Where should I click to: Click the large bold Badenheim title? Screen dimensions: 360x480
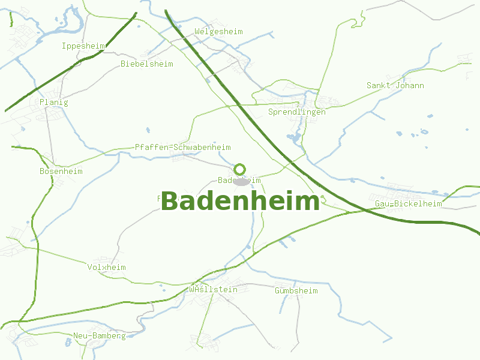[x=240, y=202]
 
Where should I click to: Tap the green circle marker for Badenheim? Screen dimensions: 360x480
[x=240, y=169]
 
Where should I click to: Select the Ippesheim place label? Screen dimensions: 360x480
[x=83, y=46]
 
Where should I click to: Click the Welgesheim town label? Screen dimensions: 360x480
[x=218, y=31]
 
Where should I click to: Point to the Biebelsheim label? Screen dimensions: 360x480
[x=146, y=64]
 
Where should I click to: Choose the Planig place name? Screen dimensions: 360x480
[x=54, y=102]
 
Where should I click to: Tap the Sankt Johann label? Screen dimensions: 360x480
[x=395, y=85]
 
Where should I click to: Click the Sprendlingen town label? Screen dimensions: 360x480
[x=296, y=112]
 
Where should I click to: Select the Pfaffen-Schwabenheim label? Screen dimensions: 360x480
[x=182, y=147]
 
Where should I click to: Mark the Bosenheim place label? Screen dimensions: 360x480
[x=61, y=171]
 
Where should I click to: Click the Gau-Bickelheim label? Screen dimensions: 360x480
[x=408, y=203]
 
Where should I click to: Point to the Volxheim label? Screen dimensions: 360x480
[x=106, y=267]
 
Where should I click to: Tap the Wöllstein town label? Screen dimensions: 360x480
[x=213, y=289]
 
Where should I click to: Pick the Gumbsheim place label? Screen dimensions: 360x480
[x=296, y=290]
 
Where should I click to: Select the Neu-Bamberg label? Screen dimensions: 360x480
[x=100, y=335]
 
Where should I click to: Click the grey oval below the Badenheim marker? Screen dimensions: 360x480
[x=241, y=182]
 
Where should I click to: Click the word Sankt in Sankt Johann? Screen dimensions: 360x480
[x=379, y=85]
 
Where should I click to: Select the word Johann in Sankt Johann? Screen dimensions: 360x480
[x=410, y=85]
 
